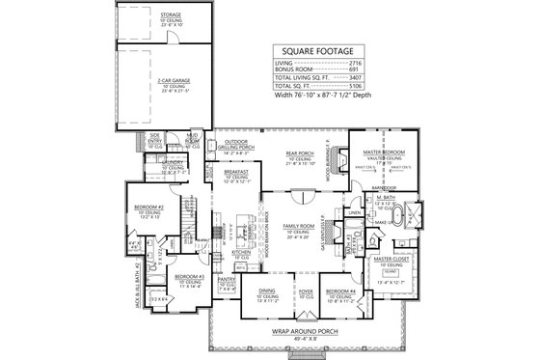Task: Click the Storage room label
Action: coord(146,15)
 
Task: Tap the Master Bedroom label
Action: coord(383,152)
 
